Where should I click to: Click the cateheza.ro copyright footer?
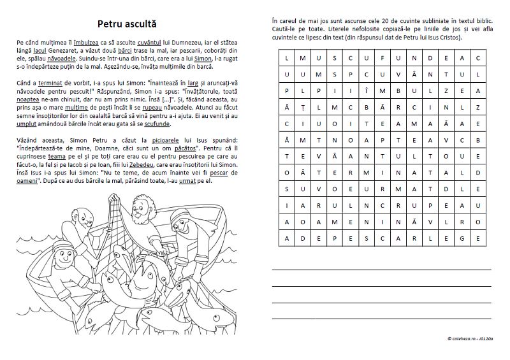471,338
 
